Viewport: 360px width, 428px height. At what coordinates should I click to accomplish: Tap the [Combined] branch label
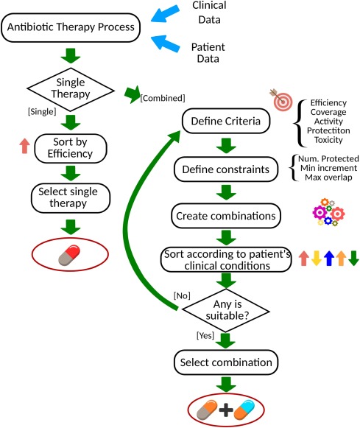pos(163,98)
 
